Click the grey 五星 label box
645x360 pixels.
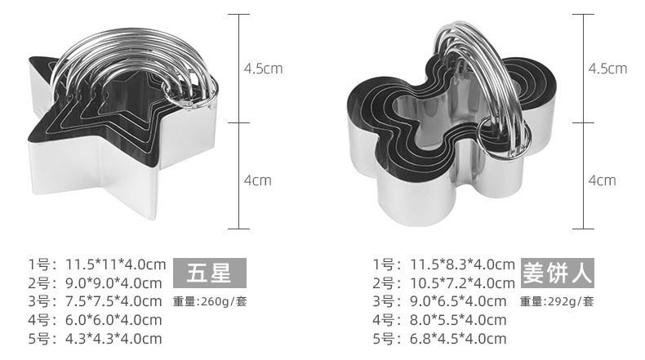click(x=209, y=273)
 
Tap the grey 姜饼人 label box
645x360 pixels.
click(x=558, y=273)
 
